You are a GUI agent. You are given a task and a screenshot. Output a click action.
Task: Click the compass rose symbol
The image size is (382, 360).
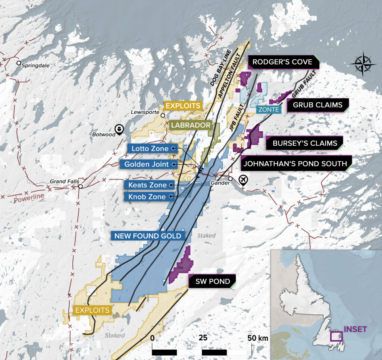tap(363, 64)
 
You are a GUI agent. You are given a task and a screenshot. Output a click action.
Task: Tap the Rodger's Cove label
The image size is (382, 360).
tap(283, 62)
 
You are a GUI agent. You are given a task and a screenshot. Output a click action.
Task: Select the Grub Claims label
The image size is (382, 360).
tap(317, 105)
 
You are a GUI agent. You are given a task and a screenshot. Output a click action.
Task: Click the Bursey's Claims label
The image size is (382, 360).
tap(305, 143)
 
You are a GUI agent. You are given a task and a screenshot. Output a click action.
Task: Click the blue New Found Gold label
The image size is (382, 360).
tap(148, 236)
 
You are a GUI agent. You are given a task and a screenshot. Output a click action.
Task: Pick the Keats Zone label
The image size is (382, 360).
tap(148, 184)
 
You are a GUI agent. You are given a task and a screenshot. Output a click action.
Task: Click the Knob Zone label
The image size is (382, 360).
tap(147, 197)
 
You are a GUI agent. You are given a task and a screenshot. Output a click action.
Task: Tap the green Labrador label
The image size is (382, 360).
tap(191, 125)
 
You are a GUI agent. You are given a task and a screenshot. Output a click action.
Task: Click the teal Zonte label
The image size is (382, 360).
tap(269, 110)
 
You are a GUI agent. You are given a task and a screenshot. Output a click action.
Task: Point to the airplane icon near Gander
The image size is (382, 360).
tap(243, 180)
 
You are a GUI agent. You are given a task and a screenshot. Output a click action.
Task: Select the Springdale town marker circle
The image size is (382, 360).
tap(19, 63)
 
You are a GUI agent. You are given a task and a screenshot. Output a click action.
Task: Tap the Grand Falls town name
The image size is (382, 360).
tap(65, 181)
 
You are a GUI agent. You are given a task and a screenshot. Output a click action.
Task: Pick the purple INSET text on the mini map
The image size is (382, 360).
tap(355, 329)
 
